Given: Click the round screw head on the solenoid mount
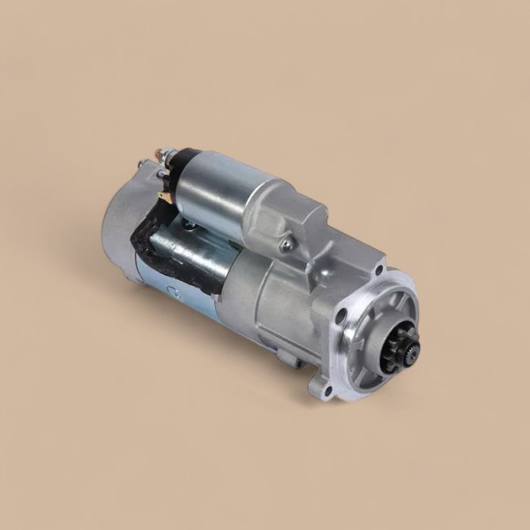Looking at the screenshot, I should coord(285,244).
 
